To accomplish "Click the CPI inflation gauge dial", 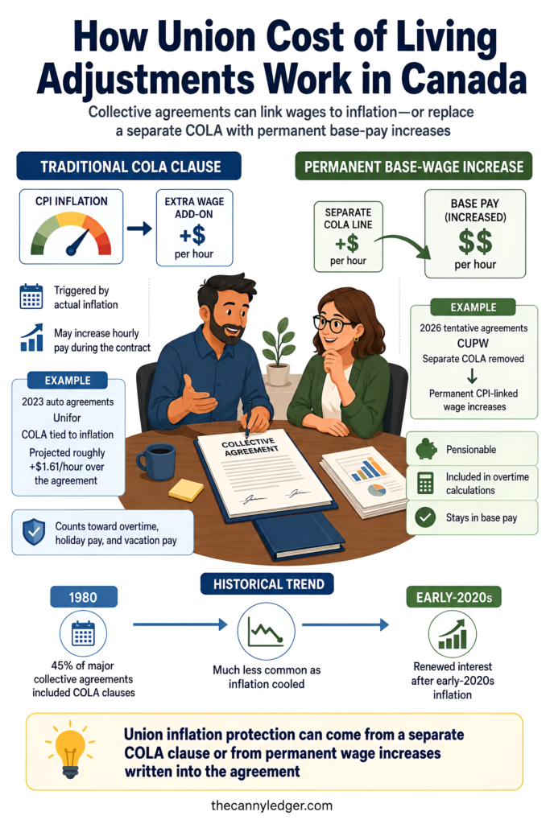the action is point(71,234).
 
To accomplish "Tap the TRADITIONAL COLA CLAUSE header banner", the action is point(129,167).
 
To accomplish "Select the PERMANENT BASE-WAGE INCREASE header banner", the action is point(414,167).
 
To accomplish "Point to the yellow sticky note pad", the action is point(186,490).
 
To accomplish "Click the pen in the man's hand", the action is point(248,418).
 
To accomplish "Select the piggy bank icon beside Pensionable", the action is point(426,449).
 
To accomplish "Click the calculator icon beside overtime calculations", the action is point(425,483).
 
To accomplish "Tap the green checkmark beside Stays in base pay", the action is point(425,517).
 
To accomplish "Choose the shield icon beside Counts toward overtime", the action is point(34,532).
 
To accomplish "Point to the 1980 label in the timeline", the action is point(84,597).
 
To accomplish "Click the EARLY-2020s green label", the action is point(454,597).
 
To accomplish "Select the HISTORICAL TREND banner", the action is point(267,584).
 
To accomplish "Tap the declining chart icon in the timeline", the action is point(266,631).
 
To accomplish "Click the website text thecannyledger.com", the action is point(272,805).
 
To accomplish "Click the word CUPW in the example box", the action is point(473,343).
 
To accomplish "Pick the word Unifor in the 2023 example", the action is point(68,418).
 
